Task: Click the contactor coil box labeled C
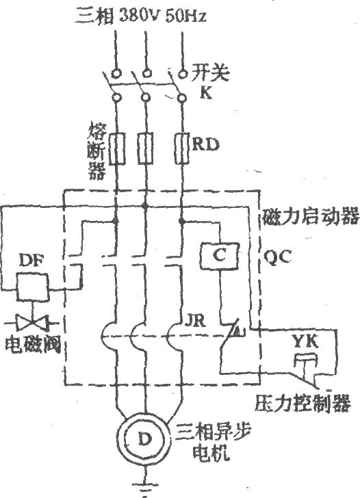[x=220, y=256]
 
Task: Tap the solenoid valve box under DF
[x=33, y=287]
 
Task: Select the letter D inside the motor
[x=145, y=439]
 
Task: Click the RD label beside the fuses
[x=206, y=144]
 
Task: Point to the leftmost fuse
[x=116, y=148]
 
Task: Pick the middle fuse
[x=145, y=148]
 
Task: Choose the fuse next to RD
[x=182, y=148]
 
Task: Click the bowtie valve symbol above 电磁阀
[x=31, y=323]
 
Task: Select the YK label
[x=305, y=342]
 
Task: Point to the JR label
[x=195, y=321]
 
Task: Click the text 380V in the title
[x=138, y=16]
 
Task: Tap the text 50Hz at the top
[x=186, y=16]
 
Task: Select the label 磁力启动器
[x=311, y=217]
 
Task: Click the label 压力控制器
[x=303, y=404]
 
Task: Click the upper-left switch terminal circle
[x=116, y=73]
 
